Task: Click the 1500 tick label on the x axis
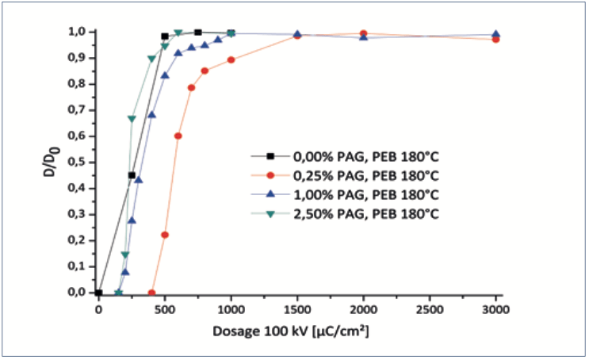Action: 297,309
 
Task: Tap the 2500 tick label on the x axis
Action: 430,309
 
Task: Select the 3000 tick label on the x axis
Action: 495,309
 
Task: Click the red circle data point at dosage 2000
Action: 363,34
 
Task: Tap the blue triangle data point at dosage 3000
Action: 495,34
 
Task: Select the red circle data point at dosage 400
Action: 151,293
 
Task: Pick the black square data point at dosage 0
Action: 98,293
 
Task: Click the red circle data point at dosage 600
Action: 178,136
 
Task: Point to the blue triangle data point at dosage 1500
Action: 297,34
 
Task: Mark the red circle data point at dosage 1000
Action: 231,60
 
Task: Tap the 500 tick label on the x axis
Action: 165,309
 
